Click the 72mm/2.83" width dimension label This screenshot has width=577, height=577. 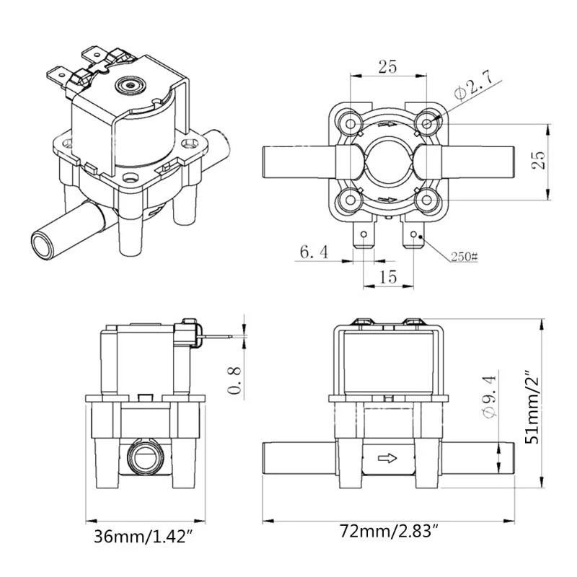tap(390, 534)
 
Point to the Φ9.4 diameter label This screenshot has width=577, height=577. tap(489, 395)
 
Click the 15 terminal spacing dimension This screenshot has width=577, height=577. tap(387, 276)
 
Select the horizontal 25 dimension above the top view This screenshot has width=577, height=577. tap(387, 67)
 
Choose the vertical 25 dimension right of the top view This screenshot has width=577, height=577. tap(537, 159)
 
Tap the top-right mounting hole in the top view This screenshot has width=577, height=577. tap(428, 124)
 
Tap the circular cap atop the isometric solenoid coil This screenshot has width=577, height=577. tap(131, 85)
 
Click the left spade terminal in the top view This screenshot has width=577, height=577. tap(362, 237)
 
